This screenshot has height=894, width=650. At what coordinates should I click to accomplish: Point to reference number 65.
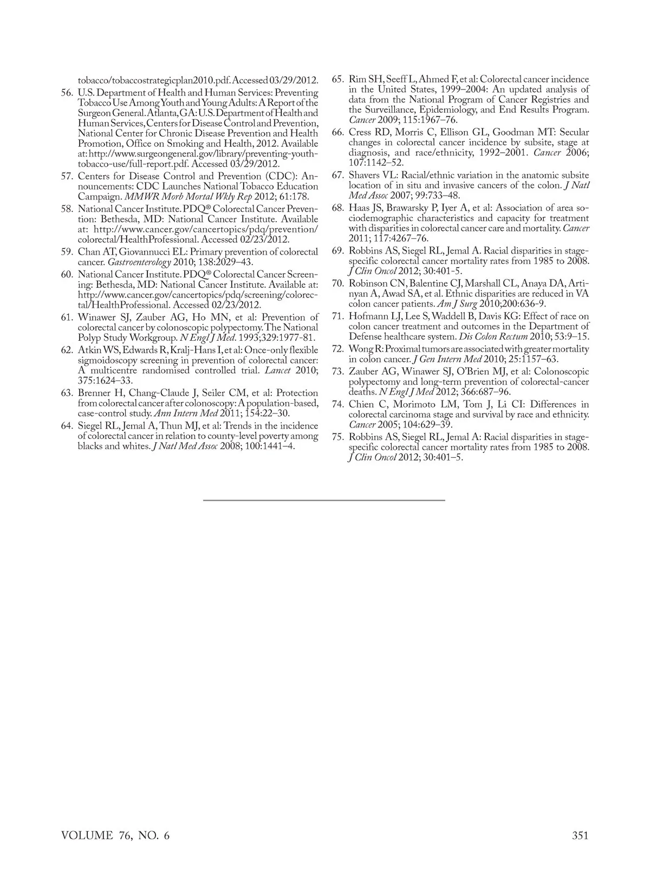point(338,79)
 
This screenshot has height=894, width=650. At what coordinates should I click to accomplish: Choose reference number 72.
point(338,349)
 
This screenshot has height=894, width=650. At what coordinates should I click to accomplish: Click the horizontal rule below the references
point(324,500)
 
